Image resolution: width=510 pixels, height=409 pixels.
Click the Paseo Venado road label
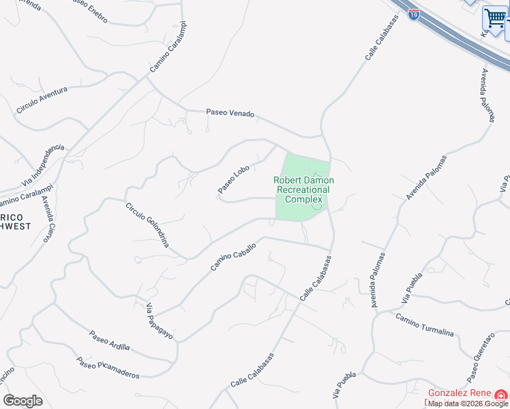pos(230,114)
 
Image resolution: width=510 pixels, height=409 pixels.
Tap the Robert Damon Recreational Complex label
pos(303,190)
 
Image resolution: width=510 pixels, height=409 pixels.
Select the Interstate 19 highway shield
pos(414,14)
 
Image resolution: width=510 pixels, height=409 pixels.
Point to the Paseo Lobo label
pos(234,179)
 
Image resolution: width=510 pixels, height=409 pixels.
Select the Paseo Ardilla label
pos(109,341)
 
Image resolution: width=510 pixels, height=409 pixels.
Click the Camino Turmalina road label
pos(424,324)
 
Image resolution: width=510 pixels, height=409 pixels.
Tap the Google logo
pos(22,401)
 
